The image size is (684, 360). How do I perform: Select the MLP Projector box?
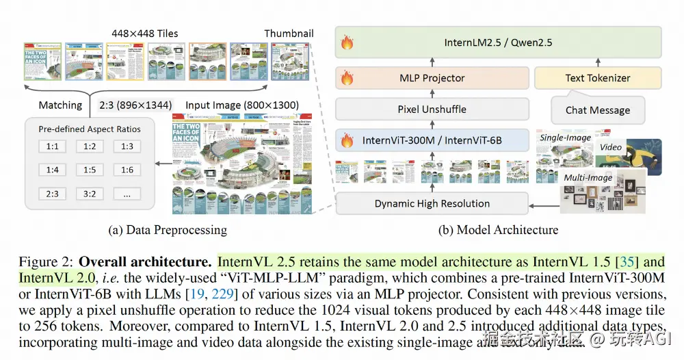432,78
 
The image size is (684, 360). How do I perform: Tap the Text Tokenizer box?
597,78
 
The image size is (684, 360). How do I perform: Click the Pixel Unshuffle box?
432,109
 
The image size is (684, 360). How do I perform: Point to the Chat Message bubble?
597,110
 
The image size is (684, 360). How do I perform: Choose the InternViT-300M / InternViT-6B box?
432,140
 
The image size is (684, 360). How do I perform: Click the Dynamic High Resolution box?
432,203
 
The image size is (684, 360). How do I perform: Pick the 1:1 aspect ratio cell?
51,146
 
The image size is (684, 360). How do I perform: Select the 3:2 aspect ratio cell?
89,194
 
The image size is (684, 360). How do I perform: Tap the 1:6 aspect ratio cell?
127,170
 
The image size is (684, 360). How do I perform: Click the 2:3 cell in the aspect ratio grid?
51,194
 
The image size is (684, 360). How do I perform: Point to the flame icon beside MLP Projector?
347,78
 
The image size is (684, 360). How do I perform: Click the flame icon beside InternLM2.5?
347,43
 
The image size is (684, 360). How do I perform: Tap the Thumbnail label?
289,34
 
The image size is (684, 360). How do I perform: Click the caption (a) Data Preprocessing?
168,230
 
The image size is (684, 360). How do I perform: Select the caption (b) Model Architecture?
497,230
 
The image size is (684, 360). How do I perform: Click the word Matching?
60,105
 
